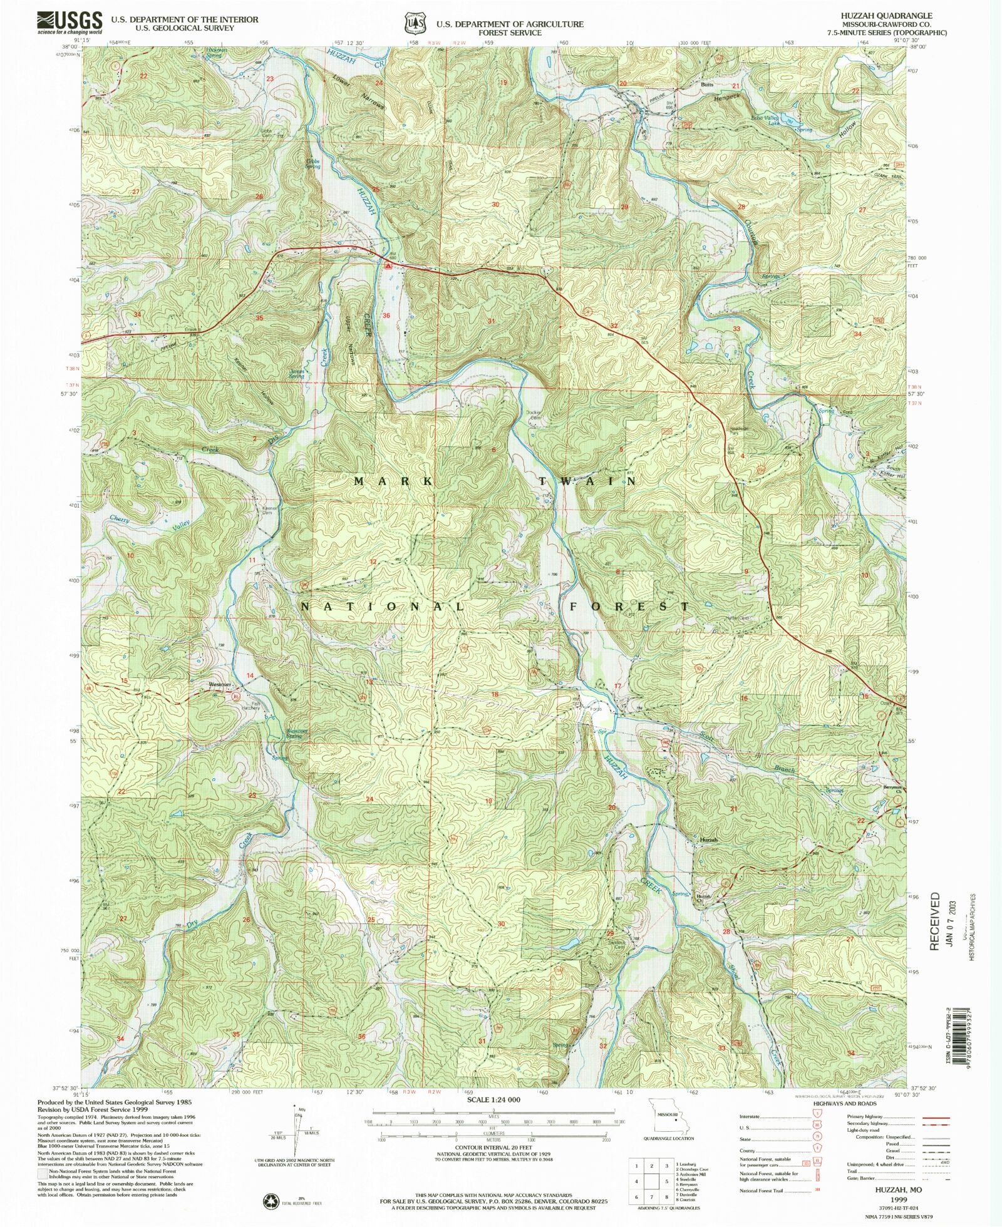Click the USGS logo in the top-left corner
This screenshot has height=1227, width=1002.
(69, 23)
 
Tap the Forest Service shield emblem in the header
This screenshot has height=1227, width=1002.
(412, 23)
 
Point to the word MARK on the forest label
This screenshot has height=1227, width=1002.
(393, 481)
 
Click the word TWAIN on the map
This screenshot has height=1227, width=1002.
(587, 481)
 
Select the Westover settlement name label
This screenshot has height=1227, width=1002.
(220, 684)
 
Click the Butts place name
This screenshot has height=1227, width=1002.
(707, 85)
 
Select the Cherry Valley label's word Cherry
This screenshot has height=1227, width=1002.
(120, 519)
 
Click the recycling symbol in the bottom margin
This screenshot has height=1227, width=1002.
(271, 1200)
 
